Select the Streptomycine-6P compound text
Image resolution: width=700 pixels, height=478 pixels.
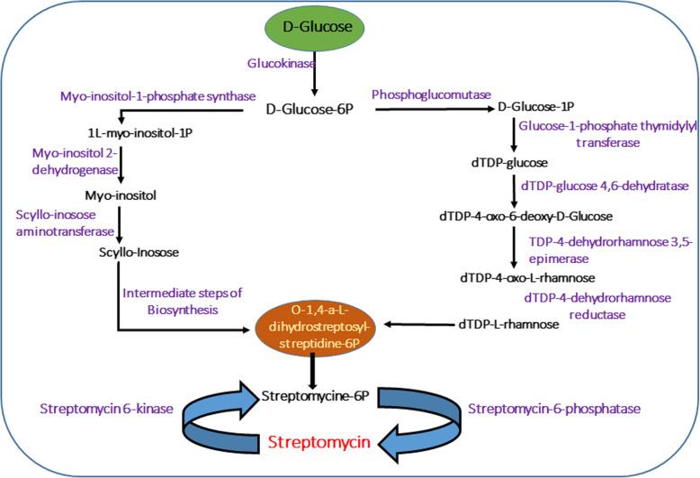click(311, 393)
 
